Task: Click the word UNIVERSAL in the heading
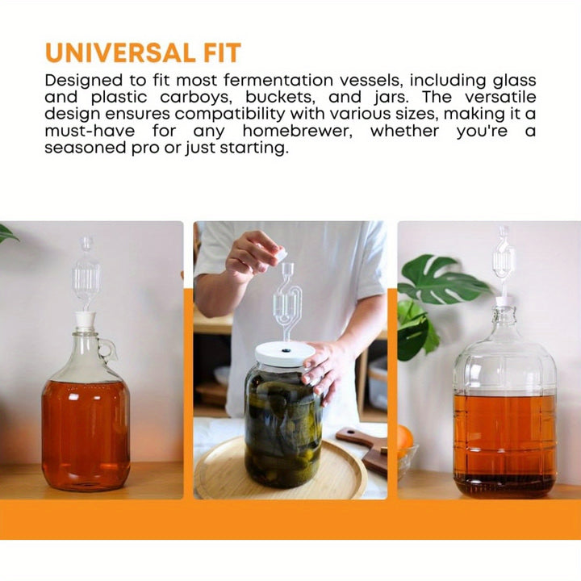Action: (x=120, y=52)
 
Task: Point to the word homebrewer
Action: (x=298, y=132)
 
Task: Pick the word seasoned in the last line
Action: (x=86, y=148)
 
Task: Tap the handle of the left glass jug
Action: (x=109, y=349)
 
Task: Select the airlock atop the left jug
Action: (x=86, y=274)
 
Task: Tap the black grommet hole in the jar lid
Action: (x=286, y=350)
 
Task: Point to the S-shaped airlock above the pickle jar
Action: (x=286, y=301)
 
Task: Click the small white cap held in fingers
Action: (x=280, y=257)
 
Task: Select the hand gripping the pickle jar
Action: (x=322, y=370)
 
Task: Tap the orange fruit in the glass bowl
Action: (x=404, y=438)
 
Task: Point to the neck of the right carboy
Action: (x=504, y=318)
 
